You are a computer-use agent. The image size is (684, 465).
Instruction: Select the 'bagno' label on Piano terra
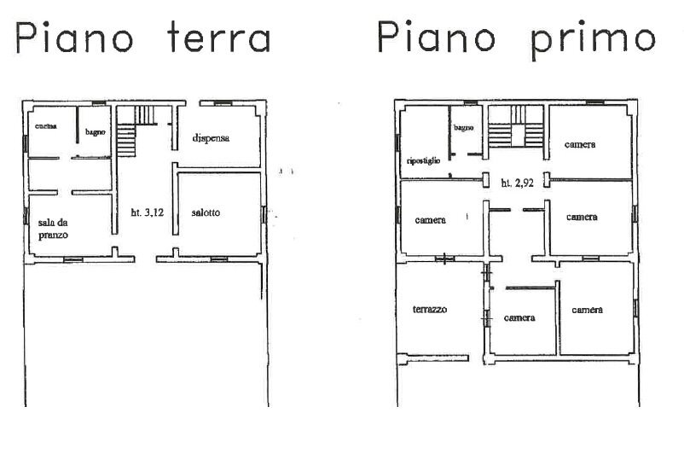pos(94,133)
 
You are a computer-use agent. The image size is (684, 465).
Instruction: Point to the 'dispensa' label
pos(212,137)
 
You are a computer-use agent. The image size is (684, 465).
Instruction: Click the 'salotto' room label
pos(206,212)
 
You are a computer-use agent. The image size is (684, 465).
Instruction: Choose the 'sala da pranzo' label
pos(53,228)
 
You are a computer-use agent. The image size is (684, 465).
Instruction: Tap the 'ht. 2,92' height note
pos(518,182)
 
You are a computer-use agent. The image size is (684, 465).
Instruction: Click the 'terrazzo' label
pos(430,309)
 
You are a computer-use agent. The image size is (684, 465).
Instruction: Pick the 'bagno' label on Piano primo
pos(464,127)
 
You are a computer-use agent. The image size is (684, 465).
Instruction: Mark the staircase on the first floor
pos(517,133)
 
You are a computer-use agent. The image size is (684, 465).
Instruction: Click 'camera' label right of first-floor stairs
pos(580,144)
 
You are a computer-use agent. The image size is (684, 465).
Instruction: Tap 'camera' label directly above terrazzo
pos(431,219)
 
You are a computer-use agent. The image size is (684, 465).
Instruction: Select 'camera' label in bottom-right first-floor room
pos(588,309)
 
